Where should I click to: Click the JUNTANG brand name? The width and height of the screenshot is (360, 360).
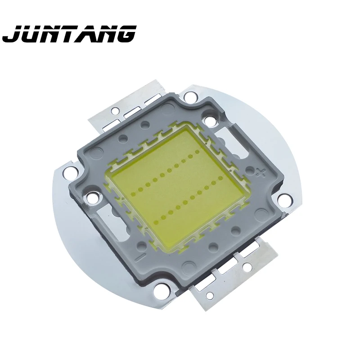[69, 34]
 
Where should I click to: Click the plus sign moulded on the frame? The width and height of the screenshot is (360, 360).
[260, 171]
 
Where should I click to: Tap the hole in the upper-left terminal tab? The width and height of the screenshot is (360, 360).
[115, 110]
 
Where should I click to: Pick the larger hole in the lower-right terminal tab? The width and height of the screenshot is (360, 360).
[247, 267]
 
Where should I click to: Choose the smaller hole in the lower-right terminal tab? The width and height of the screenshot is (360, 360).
[210, 295]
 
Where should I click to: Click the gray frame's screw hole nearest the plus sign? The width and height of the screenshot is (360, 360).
[209, 121]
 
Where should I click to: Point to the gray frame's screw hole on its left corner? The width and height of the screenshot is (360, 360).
[92, 197]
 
